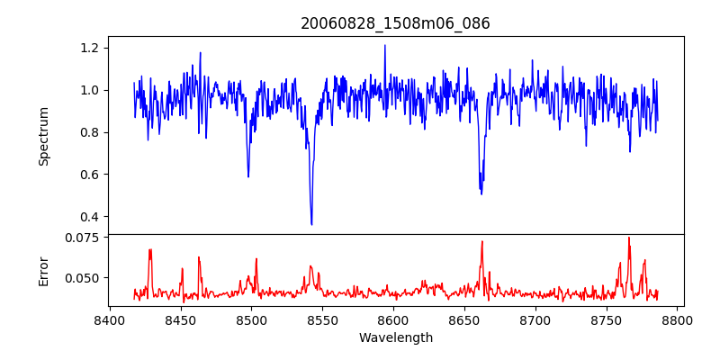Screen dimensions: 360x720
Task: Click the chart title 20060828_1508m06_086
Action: pos(395,23)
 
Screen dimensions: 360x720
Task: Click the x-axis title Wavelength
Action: pos(395,338)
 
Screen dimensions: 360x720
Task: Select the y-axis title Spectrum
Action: pos(44,136)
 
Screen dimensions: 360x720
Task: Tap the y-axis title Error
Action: pos(44,271)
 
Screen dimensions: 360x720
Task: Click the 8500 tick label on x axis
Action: pos(251,320)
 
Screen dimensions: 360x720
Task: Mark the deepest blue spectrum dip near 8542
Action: pos(311,224)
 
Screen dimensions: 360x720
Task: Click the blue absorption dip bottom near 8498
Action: pos(248,176)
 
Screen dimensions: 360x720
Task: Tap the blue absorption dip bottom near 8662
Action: pos(481,193)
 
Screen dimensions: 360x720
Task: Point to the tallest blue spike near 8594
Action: pos(384,45)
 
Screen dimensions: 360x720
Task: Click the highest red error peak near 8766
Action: pos(629,238)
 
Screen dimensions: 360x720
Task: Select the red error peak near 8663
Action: pos(482,241)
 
